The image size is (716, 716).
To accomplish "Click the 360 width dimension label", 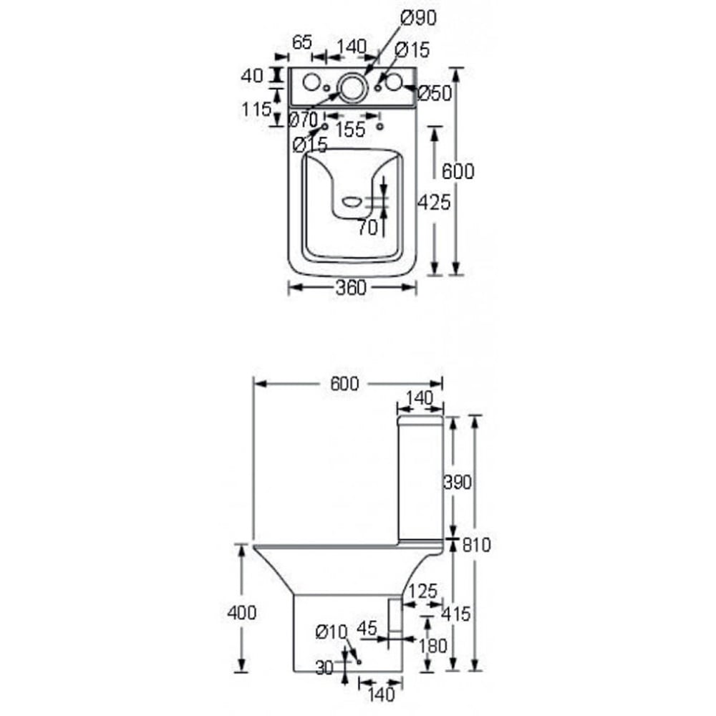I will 351,287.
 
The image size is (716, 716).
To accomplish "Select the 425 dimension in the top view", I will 435,203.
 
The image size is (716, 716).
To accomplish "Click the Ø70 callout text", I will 303,119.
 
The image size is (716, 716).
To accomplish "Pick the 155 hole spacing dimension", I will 350,130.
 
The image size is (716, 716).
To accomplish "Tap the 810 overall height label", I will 476,545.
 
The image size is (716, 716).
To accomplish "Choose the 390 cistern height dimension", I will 458,482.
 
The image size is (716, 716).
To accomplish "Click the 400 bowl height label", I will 241,612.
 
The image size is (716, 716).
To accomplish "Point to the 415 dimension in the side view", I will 457,613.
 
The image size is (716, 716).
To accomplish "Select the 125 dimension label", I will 423,591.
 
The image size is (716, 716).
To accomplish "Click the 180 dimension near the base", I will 432,645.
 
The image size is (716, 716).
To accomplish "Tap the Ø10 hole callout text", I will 331,632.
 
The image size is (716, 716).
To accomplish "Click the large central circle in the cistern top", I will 352,87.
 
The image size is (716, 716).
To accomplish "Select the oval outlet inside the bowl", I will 352,201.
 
